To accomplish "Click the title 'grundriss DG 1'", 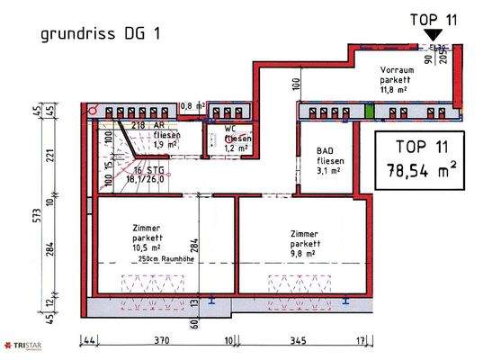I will [x=103, y=34].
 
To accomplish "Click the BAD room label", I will [x=327, y=151].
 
